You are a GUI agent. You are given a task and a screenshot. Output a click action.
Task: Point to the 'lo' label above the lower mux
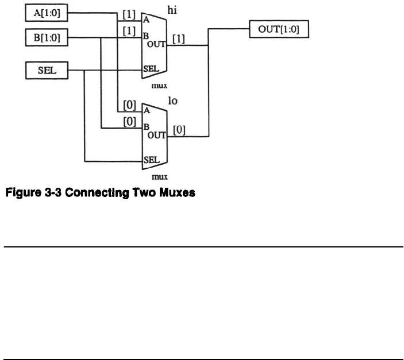[x=172, y=101]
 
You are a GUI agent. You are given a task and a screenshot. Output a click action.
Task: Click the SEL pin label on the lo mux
[x=151, y=160]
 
